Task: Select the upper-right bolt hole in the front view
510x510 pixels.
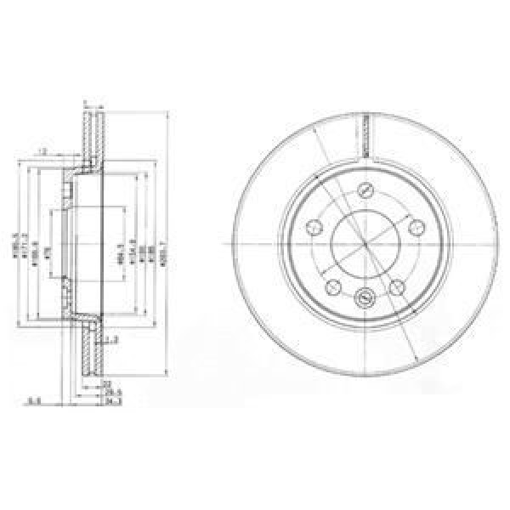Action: pyautogui.click(x=416, y=226)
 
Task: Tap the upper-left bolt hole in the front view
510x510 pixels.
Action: pyautogui.click(x=313, y=226)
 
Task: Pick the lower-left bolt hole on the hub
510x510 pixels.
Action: pyautogui.click(x=333, y=286)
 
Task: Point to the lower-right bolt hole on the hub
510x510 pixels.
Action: pyautogui.click(x=397, y=286)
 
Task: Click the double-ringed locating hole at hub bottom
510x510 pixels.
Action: pyautogui.click(x=365, y=298)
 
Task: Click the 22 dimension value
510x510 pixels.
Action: pyautogui.click(x=106, y=384)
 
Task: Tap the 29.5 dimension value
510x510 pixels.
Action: pyautogui.click(x=107, y=393)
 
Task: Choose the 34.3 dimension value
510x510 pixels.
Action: pyautogui.click(x=107, y=401)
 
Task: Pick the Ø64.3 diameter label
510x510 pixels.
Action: pyautogui.click(x=122, y=250)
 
